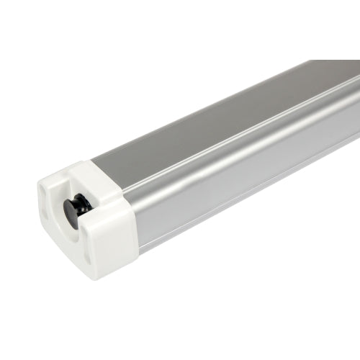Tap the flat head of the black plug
[71, 211]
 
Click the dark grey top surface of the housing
[216, 115]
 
